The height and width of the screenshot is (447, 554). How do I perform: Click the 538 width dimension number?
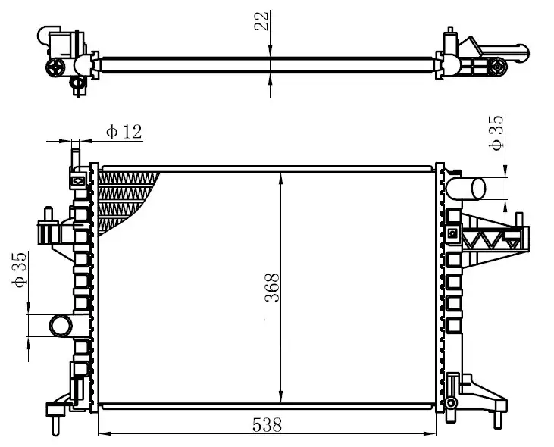pos(267,425)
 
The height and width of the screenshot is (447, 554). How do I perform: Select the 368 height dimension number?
pos(272,288)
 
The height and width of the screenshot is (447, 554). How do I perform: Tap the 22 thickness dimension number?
pos(262,20)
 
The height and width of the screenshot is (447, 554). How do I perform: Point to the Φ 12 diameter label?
pos(124,132)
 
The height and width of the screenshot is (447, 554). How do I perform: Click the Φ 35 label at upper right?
pos(496,133)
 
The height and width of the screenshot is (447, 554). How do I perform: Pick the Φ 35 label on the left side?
pos(20,270)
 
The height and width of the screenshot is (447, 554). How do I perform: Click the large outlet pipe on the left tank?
pos(61,326)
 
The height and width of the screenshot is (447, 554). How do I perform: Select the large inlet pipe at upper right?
pos(466,189)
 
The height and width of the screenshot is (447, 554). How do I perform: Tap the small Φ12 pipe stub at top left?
pos(75,158)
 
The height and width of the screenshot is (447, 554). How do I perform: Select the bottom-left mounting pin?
pos(55,426)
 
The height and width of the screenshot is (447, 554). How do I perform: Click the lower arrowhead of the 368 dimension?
pos(281,396)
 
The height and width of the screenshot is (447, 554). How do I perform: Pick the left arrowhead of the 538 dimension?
pos(105,434)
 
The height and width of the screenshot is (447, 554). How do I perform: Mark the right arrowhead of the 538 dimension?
pos(430,434)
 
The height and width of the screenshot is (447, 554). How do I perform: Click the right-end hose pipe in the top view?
pos(505,52)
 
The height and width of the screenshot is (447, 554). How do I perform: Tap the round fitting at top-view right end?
pos(498,67)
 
